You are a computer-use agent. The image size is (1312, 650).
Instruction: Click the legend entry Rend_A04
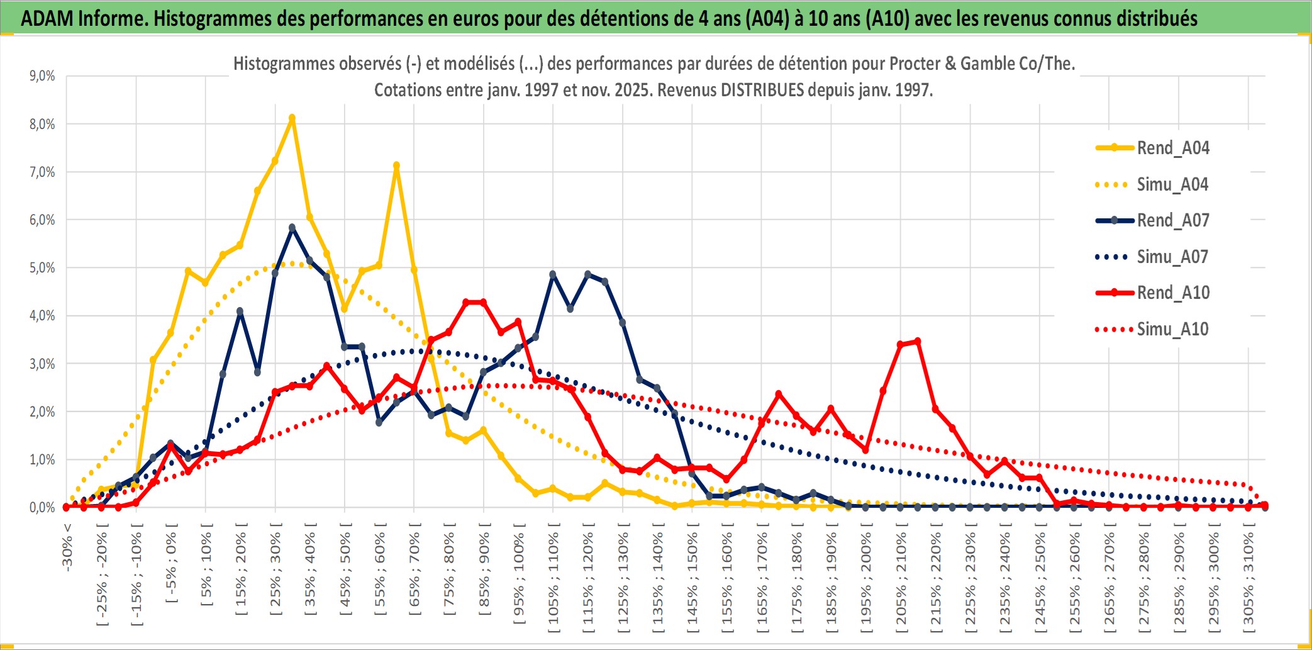tap(1172, 148)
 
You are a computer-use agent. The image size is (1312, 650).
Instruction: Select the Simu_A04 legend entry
tap(1172, 184)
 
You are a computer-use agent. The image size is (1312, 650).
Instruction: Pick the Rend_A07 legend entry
tap(1172, 220)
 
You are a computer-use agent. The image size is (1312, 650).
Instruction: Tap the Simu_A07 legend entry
tap(1172, 257)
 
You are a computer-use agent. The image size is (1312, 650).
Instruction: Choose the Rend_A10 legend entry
tap(1172, 293)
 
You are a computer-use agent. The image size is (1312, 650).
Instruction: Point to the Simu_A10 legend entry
tap(1172, 329)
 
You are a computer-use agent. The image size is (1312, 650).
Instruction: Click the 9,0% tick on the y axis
tap(42, 76)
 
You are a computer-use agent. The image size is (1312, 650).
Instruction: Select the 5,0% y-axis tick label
tap(42, 268)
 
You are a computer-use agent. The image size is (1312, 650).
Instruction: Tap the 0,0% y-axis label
tap(42, 507)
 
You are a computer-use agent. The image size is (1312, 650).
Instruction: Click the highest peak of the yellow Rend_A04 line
tap(292, 118)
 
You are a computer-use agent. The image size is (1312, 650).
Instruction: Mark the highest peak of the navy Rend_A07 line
tap(292, 228)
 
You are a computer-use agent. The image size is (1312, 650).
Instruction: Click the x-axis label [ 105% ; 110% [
tap(553, 578)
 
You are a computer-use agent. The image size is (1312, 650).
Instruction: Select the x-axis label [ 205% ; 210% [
tap(901, 578)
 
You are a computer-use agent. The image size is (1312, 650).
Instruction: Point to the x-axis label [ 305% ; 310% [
tap(1248, 578)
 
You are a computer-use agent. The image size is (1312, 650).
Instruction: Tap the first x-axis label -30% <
tap(67, 547)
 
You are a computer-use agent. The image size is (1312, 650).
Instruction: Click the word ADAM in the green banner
tap(47, 19)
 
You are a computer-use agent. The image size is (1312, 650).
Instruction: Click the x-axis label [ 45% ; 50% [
tap(345, 569)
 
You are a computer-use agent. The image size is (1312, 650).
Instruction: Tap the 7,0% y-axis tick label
tap(42, 172)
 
